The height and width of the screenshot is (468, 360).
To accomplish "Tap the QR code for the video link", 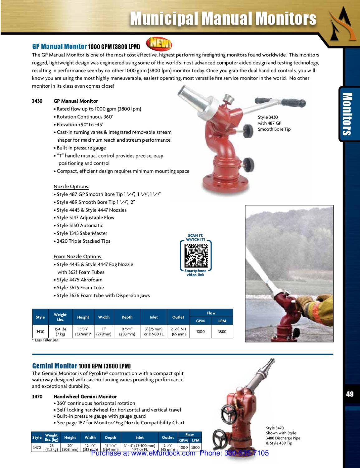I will tap(196, 255).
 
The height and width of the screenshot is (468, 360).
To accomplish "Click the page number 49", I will tap(350, 394).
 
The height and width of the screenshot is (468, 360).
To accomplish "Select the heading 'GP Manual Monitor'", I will tap(59, 46).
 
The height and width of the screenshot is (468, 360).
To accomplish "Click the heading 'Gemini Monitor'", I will tap(55, 366).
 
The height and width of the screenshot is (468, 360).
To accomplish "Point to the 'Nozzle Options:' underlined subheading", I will tap(71, 187).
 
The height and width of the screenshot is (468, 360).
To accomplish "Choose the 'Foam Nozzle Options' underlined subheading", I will tap(77, 256).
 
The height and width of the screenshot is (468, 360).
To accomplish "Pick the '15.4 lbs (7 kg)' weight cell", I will tap(60, 331).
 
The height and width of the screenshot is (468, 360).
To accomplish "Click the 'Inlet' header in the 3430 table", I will tap(154, 317).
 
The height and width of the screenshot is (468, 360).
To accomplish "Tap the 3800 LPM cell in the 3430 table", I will tap(222, 331).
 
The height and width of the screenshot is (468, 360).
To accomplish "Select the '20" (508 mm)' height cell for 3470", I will tap(70, 447).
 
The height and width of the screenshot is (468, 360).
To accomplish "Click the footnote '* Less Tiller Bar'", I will tap(45, 340).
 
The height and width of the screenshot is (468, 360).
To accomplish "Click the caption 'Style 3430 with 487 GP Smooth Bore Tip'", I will tap(274, 123).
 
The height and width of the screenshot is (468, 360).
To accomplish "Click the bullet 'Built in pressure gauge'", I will tap(81, 148).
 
